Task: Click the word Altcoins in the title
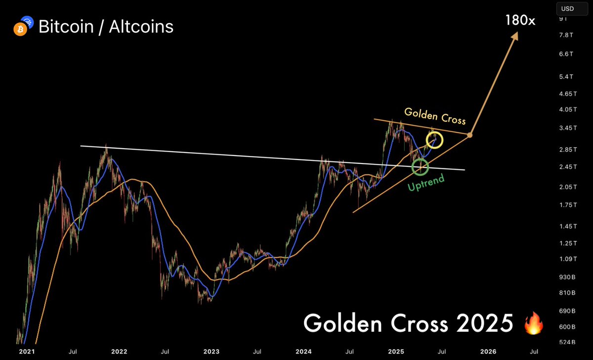pos(143,27)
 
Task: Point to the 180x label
pos(520,20)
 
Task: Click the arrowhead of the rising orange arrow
pos(515,36)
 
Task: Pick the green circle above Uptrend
pos(421,166)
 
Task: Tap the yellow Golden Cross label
pos(435,116)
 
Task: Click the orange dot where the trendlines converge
pos(470,135)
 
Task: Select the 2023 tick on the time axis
pos(212,352)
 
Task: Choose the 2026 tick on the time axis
pos(488,352)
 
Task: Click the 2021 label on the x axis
pos(27,352)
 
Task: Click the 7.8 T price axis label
pos(566,35)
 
